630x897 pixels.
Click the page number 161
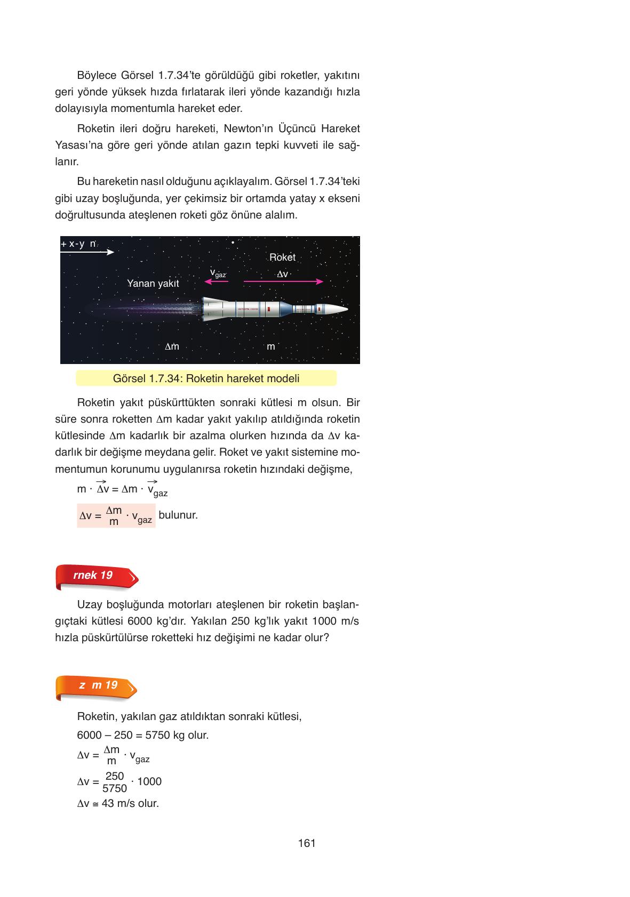pyautogui.click(x=307, y=843)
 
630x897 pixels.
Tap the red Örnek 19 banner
pyautogui.click(x=96, y=576)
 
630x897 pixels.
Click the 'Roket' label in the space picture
pyautogui.click(x=282, y=257)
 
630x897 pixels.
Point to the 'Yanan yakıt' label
pyautogui.click(x=153, y=284)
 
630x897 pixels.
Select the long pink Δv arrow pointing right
pyautogui.click(x=283, y=281)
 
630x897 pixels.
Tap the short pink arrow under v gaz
pyautogui.click(x=217, y=281)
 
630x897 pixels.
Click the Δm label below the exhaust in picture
pyautogui.click(x=172, y=346)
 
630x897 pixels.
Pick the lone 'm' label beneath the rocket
pyautogui.click(x=271, y=346)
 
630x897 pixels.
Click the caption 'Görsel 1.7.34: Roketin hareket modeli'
pyautogui.click(x=206, y=378)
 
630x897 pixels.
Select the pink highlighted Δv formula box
pyautogui.click(x=116, y=516)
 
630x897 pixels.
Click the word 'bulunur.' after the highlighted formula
pyautogui.click(x=178, y=515)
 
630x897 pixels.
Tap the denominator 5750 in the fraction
pyautogui.click(x=115, y=788)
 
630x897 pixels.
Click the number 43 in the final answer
pyautogui.click(x=108, y=803)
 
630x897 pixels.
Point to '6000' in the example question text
pyautogui.click(x=140, y=621)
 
